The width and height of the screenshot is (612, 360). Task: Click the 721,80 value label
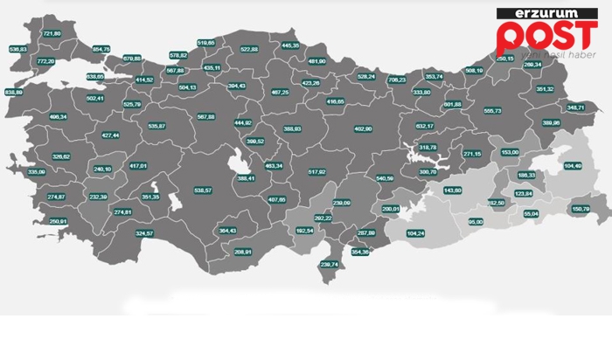(52, 33)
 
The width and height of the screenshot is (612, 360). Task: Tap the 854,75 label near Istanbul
(101, 49)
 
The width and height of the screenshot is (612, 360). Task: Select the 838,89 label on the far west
(14, 92)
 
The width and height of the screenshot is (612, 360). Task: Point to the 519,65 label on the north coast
(206, 43)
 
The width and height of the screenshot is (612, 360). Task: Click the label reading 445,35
(291, 45)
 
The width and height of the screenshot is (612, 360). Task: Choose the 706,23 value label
(396, 80)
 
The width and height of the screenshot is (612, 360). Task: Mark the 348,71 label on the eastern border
(576, 107)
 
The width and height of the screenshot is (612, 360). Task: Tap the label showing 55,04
(531, 213)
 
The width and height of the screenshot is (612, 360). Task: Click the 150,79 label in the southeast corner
(580, 209)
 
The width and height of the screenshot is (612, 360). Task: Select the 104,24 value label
(415, 233)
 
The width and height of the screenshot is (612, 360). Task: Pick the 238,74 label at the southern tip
(330, 264)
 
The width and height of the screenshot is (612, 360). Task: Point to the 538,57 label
(203, 190)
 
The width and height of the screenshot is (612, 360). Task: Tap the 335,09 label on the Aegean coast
(36, 172)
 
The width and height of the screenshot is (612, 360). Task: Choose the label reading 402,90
(363, 128)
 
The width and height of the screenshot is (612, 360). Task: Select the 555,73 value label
(492, 111)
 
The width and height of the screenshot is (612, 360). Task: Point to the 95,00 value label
(476, 222)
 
